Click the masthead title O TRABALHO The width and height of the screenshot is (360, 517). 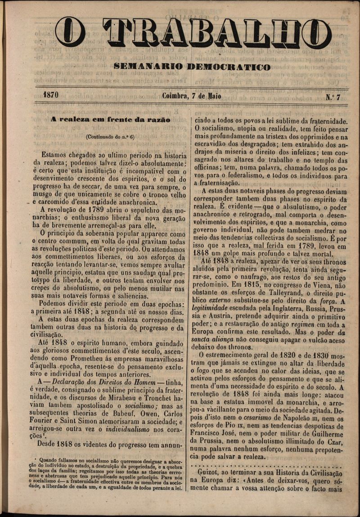193,32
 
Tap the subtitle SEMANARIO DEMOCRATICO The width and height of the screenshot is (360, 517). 192,67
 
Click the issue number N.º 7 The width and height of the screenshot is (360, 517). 333,97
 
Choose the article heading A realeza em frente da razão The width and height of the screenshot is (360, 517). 110,120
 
